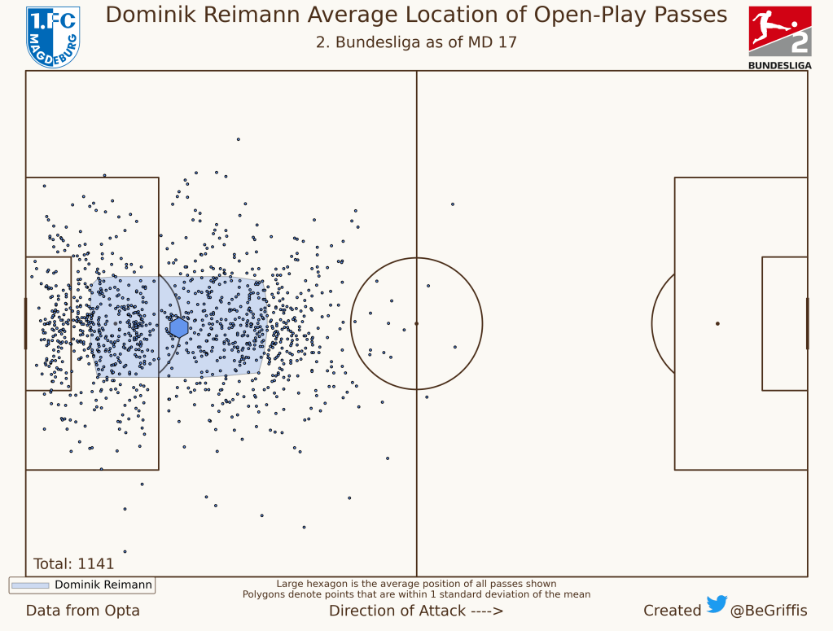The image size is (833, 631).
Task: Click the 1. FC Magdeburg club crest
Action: point(53,37)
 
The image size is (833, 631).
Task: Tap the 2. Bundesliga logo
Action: point(779,37)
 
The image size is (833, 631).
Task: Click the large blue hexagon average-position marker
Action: point(179,327)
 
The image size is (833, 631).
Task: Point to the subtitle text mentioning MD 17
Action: point(416,42)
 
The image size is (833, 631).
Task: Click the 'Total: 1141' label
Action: point(73,563)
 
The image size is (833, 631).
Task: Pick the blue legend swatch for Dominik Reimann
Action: point(30,585)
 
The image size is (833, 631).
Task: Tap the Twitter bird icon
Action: point(717,604)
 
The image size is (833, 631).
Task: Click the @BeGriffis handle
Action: point(769,611)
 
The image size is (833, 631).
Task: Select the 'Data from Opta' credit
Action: point(82,611)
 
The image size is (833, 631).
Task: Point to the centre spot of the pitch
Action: point(416,323)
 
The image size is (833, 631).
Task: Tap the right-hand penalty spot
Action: point(717,323)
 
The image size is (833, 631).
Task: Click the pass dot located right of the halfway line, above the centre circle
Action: point(452,204)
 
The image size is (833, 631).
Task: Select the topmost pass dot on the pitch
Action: point(239,139)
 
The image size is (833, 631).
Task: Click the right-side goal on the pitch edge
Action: point(807,323)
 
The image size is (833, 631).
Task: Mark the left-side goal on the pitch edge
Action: point(25,323)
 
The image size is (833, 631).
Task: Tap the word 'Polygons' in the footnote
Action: point(264,594)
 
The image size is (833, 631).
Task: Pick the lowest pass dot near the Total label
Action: point(125,551)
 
